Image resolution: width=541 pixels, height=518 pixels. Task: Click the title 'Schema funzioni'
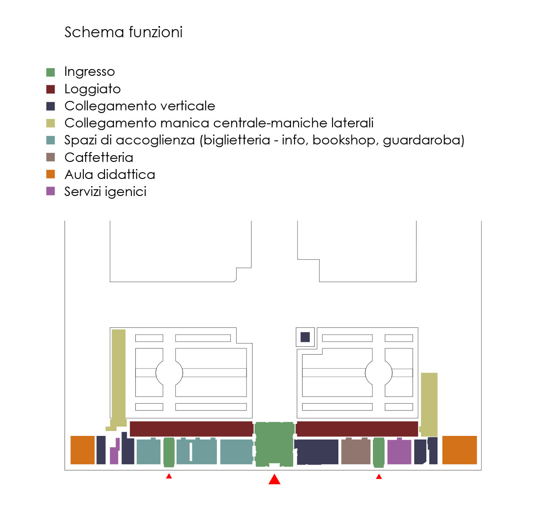click(x=123, y=32)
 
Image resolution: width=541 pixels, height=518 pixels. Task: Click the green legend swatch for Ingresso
click(x=50, y=72)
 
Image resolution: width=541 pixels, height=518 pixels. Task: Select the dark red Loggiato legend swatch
click(x=50, y=89)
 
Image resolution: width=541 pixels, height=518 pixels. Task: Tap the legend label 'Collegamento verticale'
click(x=140, y=106)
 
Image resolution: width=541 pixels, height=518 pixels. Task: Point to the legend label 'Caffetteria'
click(x=99, y=157)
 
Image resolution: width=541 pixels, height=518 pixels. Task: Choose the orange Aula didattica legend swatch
click(x=50, y=174)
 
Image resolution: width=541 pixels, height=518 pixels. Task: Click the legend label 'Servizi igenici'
click(x=105, y=192)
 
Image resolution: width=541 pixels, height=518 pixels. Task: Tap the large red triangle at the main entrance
click(x=274, y=479)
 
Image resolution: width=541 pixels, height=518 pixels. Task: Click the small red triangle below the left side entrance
click(x=169, y=476)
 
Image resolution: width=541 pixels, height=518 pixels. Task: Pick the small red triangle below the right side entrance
click(x=379, y=477)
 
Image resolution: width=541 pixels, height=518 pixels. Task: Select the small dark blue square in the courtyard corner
click(x=305, y=337)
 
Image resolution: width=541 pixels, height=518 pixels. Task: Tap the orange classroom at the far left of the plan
click(x=82, y=450)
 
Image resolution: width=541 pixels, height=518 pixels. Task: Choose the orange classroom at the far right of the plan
click(x=459, y=450)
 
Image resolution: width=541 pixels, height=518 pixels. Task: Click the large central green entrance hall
click(x=274, y=444)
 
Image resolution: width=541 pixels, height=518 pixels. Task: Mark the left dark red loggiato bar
click(x=191, y=429)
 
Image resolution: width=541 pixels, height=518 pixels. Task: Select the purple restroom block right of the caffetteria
click(x=399, y=451)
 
